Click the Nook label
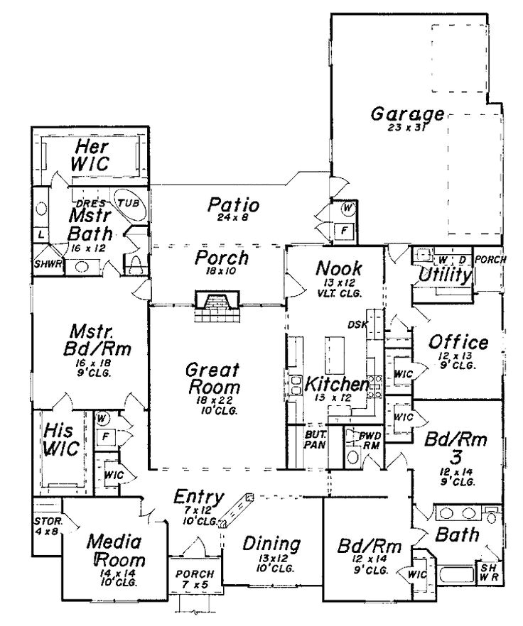tap(338, 269)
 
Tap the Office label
tap(458, 344)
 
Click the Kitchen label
tap(336, 385)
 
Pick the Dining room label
tap(271, 544)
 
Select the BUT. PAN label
tap(315, 438)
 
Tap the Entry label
tap(200, 498)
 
